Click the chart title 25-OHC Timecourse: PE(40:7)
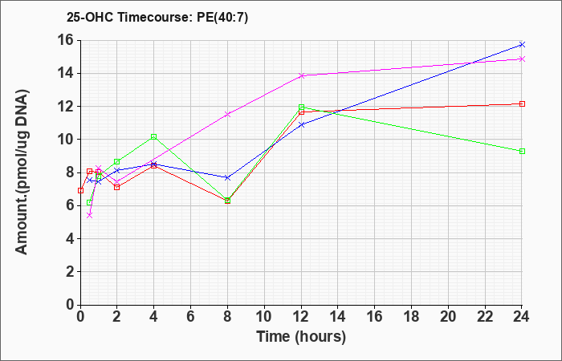(x=157, y=18)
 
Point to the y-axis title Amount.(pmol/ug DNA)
(x=22, y=172)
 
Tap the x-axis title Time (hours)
(x=301, y=337)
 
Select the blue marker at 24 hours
(x=522, y=44)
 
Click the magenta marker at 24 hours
(x=522, y=59)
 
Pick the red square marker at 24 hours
(x=522, y=103)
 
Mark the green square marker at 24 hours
(x=522, y=151)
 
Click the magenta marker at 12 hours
(x=301, y=75)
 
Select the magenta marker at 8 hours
(x=227, y=114)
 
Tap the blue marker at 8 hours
(x=227, y=177)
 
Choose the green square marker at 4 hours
(x=154, y=136)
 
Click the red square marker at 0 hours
(x=80, y=190)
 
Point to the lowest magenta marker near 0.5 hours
(x=90, y=215)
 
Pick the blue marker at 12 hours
(x=301, y=124)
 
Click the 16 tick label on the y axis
(x=67, y=40)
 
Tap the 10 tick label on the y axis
(x=67, y=140)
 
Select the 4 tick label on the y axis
(x=71, y=238)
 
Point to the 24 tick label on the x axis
(x=522, y=317)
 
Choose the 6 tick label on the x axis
(x=191, y=317)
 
